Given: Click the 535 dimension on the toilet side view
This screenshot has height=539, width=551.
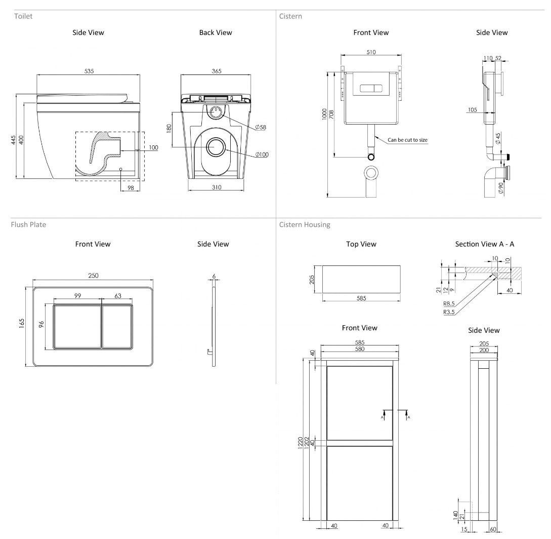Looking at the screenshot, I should click(89, 71).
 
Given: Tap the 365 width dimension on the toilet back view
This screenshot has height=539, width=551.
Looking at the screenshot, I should click(216, 71).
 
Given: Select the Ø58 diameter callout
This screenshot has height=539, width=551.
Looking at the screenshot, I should click(260, 127).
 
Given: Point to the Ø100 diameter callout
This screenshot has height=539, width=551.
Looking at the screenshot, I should click(262, 155).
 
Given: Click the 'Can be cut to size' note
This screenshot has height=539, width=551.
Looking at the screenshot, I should click(408, 140).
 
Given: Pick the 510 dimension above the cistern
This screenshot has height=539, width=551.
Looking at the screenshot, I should click(371, 52).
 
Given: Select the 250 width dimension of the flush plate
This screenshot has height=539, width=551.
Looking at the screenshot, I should click(93, 276).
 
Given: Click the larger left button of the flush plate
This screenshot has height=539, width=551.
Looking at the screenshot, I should click(77, 327).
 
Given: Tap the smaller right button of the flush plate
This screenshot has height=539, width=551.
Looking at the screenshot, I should click(117, 327).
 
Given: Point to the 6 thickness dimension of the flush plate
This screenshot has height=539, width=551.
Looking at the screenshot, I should click(214, 277).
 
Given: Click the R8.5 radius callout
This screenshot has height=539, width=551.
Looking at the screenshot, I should click(449, 304).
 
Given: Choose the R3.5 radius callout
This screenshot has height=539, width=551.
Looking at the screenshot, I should click(449, 312).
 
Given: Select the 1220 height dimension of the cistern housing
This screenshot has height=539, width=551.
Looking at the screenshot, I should click(300, 442).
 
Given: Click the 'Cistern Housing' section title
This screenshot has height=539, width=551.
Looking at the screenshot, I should click(304, 224).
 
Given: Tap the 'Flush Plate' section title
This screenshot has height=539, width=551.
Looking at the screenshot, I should click(28, 224).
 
